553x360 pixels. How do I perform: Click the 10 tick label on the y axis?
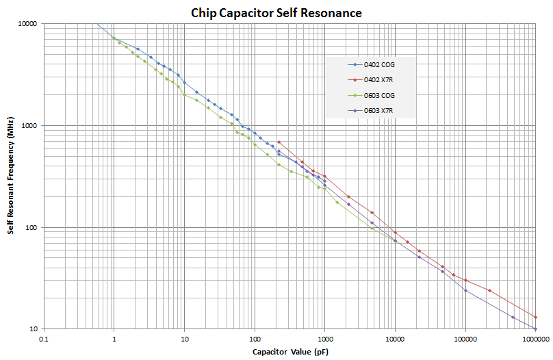point(36,329)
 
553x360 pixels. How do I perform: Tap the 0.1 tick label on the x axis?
point(44,339)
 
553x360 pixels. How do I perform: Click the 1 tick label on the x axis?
point(114,339)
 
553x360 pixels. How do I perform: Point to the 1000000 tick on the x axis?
point(535,339)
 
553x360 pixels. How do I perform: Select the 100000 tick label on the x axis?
point(465,339)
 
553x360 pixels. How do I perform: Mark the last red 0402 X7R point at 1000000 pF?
point(535,318)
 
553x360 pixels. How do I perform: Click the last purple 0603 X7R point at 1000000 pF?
point(535,329)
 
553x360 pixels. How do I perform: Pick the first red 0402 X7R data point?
point(279,142)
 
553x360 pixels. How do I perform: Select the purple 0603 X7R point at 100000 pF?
point(465,291)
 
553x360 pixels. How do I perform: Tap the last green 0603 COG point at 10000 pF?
point(395,241)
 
